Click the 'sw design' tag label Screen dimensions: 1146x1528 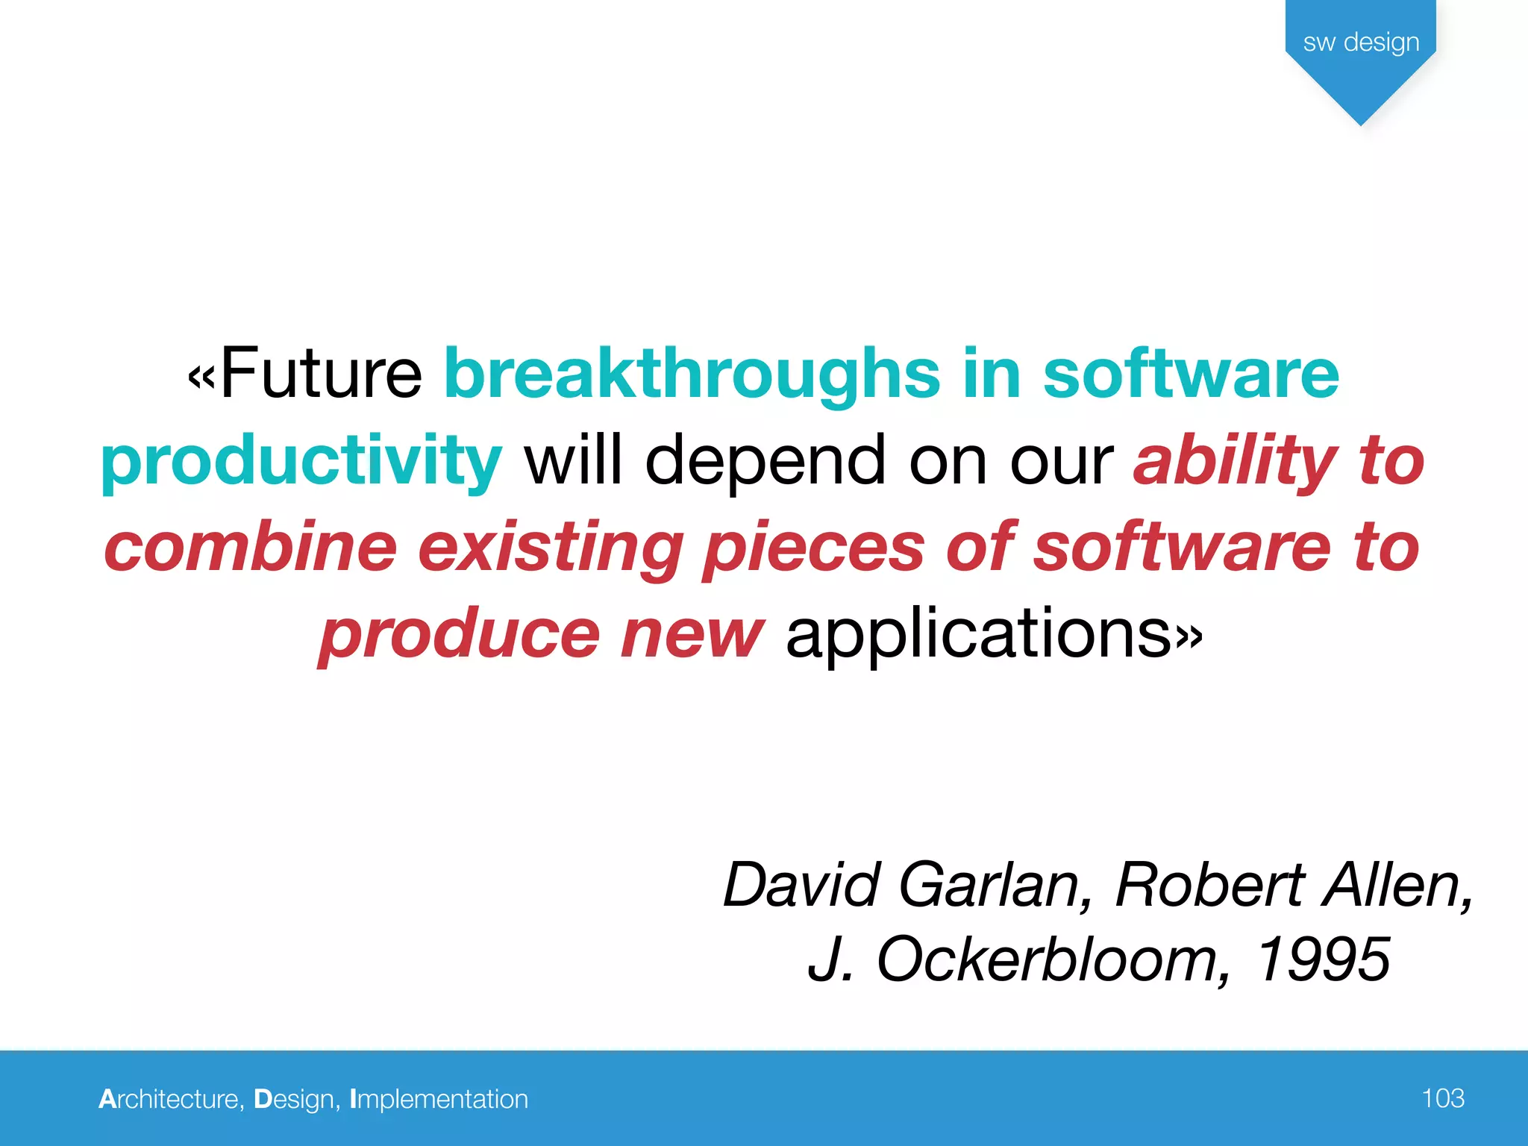point(1361,42)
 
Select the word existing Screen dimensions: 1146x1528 point(551,548)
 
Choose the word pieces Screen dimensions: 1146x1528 point(814,548)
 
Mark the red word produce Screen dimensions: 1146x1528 point(460,635)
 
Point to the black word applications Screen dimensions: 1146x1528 point(979,635)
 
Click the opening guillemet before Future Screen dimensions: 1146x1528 point(201,377)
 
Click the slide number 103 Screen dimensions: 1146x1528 point(1443,1098)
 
